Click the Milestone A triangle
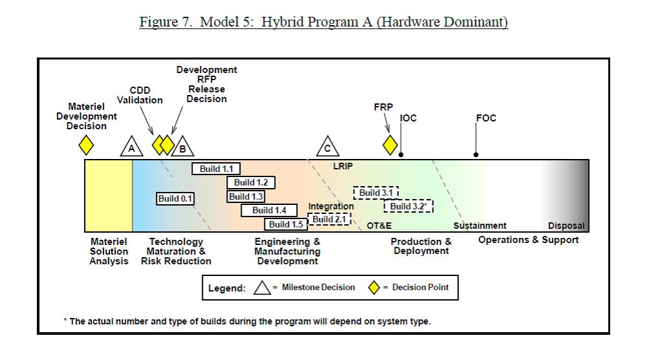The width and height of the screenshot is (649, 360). (x=132, y=147)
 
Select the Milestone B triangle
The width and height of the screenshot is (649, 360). (x=183, y=147)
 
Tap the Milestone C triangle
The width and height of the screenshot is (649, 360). (x=328, y=147)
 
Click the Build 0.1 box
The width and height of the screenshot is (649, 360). (x=176, y=198)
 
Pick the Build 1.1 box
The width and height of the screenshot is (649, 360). (x=216, y=169)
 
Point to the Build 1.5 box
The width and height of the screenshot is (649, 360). (x=286, y=224)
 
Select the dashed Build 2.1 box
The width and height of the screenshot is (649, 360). (x=329, y=219)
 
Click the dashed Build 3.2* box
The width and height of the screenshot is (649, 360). (x=409, y=206)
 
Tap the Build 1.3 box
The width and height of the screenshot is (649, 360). (x=246, y=196)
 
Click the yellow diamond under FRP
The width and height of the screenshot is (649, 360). (x=390, y=145)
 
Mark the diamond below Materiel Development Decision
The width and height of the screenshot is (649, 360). (x=86, y=144)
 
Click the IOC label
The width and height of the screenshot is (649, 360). (x=409, y=118)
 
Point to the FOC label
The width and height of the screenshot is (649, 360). (x=485, y=118)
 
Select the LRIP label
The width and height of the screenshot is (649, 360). (x=343, y=166)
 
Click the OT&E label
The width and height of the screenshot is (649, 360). (x=379, y=226)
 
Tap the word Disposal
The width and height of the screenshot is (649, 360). (x=566, y=226)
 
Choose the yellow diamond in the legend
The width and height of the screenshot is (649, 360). (x=374, y=287)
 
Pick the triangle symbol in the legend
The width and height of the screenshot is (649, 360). (x=262, y=287)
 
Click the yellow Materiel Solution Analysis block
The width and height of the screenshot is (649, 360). (x=109, y=195)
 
